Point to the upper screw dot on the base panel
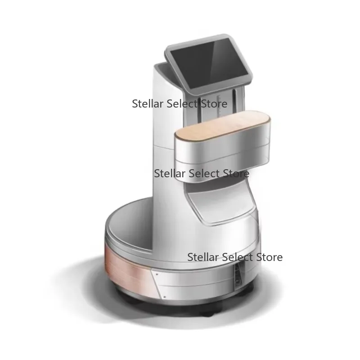(x=157, y=274)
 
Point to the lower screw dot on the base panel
(x=165, y=297)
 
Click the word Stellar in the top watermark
(x=148, y=104)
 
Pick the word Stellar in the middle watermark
(x=170, y=174)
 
